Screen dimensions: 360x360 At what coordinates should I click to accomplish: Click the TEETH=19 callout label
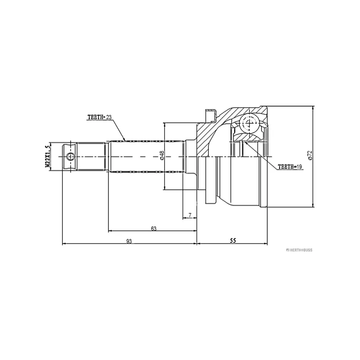pos(291,166)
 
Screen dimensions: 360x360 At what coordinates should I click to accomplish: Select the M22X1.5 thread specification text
pos(47,157)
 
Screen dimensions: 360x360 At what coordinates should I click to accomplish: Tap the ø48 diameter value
pos(161,156)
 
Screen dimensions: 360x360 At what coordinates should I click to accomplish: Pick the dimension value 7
pos(190,216)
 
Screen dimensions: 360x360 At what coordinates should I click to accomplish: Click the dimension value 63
pos(153,229)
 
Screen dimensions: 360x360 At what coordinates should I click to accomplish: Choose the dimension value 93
pos(129,242)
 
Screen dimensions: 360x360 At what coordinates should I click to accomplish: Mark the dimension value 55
pos(233,241)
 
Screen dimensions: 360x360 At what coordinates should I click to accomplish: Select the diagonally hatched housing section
pos(208,137)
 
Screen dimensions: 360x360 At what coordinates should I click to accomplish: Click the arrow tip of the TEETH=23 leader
pos(126,140)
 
